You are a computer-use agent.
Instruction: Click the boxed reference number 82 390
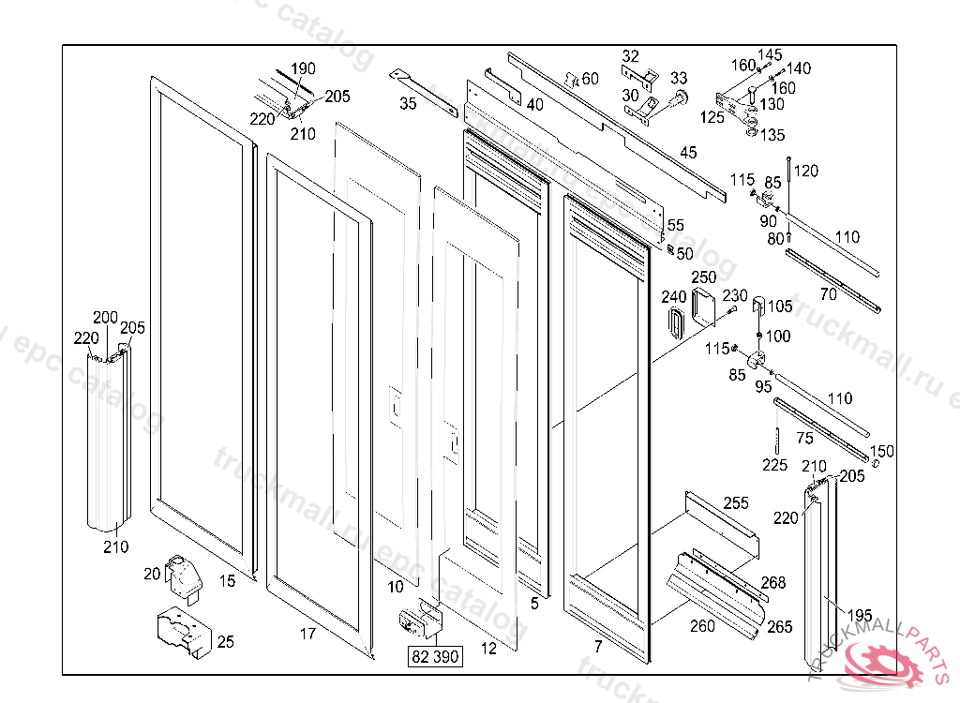tap(435, 657)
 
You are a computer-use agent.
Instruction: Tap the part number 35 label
tap(408, 104)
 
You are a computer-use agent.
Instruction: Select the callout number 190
tap(303, 69)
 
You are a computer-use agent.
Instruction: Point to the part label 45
tap(688, 153)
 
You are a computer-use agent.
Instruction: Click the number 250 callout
tap(704, 277)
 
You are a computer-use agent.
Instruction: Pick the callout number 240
tap(673, 297)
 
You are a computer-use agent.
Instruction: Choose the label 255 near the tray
tap(735, 503)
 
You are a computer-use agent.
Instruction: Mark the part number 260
tap(702, 626)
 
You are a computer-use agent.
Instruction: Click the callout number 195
tap(860, 615)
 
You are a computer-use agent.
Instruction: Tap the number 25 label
tap(225, 642)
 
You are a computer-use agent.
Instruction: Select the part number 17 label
tap(307, 635)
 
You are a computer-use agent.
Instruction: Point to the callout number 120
tap(806, 171)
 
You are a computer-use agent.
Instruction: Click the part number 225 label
tap(775, 465)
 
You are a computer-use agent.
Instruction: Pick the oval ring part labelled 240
tap(675, 322)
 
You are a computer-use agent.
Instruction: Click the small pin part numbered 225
tap(777, 439)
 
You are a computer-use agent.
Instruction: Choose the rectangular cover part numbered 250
tap(704, 307)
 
